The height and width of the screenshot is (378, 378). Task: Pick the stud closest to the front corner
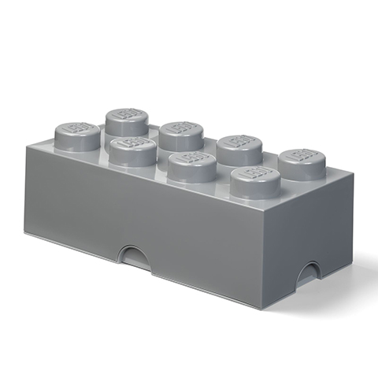point(255,182)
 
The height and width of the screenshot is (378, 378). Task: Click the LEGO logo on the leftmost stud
point(78,131)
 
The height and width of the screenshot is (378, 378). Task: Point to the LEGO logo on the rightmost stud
point(303,157)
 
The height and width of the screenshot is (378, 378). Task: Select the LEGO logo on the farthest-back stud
point(128,115)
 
